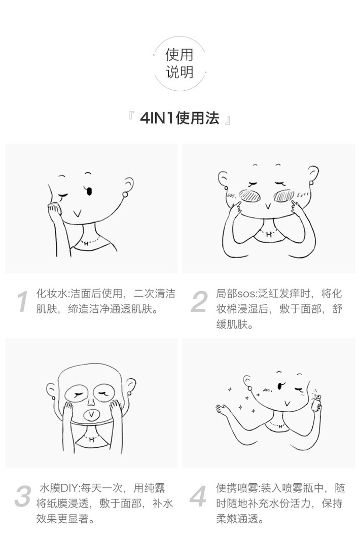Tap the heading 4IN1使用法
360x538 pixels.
pos(179,118)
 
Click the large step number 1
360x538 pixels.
pos(23,302)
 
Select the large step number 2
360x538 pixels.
pos(199,302)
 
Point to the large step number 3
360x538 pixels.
pos(23,496)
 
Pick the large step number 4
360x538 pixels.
pos(198,496)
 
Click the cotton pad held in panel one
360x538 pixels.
pos(54,207)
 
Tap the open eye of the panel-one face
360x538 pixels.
pos(90,191)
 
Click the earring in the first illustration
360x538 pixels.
pos(125,195)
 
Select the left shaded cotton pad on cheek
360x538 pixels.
pos(249,196)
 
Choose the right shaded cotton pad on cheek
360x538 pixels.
pos(284,196)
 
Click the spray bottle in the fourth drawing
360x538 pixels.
pos(317,402)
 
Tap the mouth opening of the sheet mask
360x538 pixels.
pos(91,415)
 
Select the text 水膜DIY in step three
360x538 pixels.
pos(59,488)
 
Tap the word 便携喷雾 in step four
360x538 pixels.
pos(237,488)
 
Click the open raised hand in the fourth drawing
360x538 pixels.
pos(223,408)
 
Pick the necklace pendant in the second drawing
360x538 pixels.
pos(269,235)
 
